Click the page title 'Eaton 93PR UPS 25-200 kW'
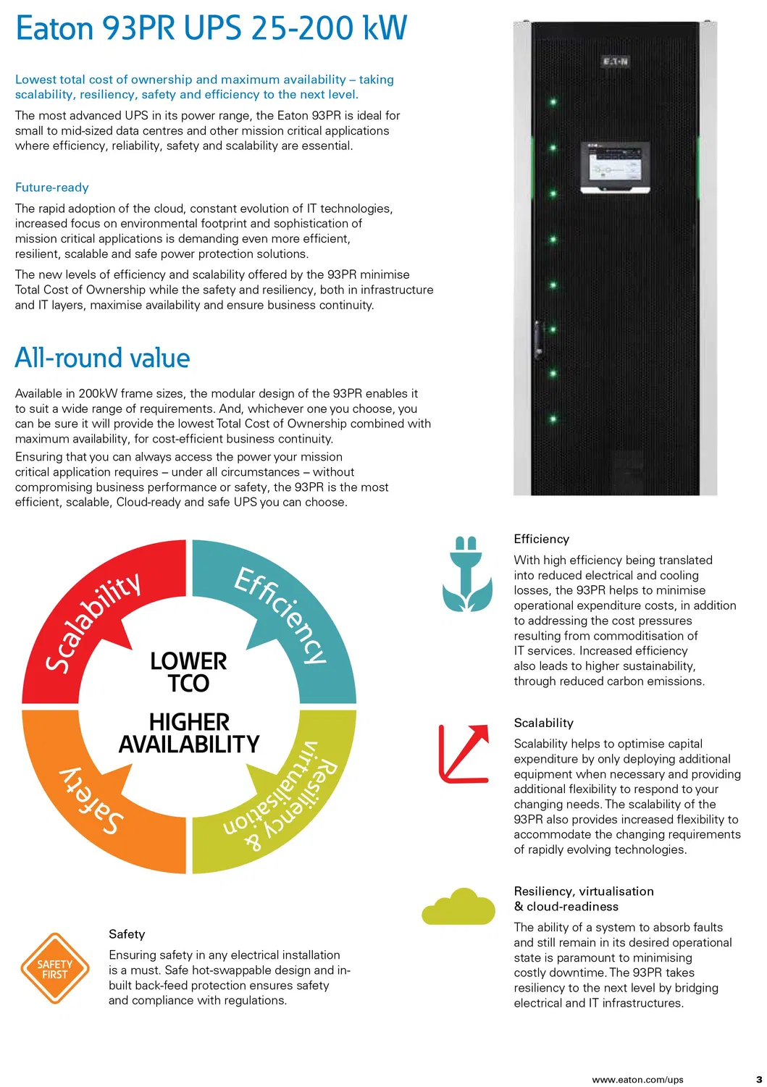(211, 29)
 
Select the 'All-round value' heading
(102, 358)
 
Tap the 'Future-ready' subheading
(51, 188)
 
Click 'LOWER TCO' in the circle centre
(188, 672)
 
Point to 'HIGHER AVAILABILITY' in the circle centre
(188, 733)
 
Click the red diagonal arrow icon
(464, 753)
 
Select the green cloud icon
(459, 907)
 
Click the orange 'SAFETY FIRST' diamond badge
(54, 969)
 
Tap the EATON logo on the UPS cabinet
(615, 62)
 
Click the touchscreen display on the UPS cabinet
(615, 167)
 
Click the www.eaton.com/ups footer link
(637, 1080)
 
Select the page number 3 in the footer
(759, 1080)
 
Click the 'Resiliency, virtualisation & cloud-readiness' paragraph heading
(583, 899)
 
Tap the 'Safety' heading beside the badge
(127, 934)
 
